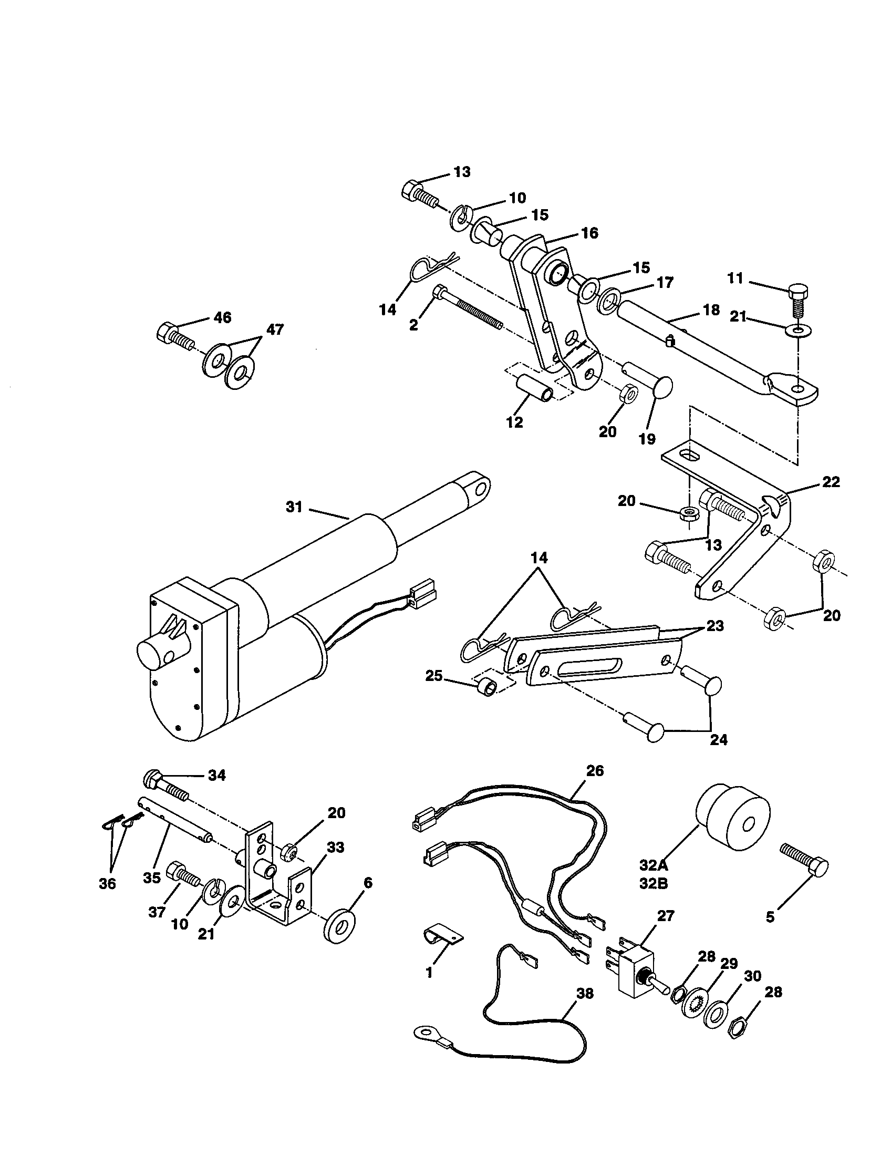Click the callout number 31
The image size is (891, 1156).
[x=294, y=507]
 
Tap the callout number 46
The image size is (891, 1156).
[x=222, y=317]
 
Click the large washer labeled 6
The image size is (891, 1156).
[x=338, y=926]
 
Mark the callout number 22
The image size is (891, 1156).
[x=831, y=482]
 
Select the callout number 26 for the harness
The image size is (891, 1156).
[x=595, y=771]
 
